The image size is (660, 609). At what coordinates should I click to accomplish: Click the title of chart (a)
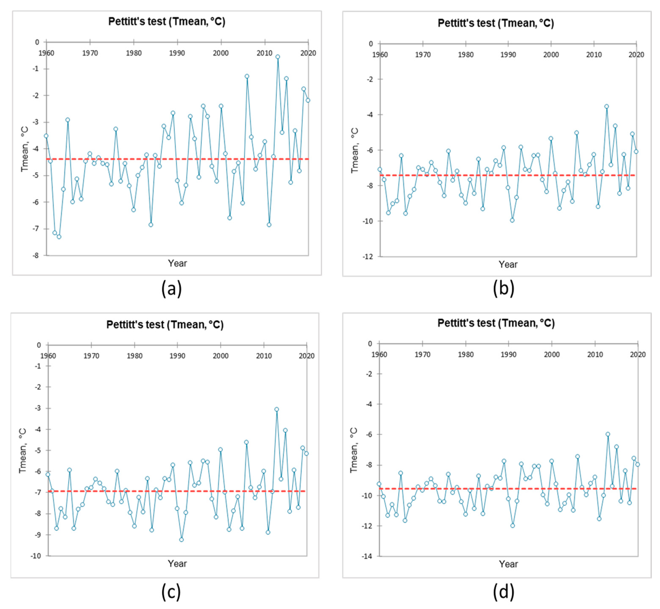[167, 21]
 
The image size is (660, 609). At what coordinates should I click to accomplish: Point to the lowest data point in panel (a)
[59, 237]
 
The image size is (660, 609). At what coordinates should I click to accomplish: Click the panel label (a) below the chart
[171, 289]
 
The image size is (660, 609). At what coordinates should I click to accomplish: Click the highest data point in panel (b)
[606, 106]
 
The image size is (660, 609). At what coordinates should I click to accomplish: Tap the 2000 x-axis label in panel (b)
[551, 55]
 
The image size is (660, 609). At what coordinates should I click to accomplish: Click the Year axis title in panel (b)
[508, 264]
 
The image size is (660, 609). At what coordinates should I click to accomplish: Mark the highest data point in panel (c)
[276, 409]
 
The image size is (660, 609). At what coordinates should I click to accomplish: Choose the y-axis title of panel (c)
[23, 451]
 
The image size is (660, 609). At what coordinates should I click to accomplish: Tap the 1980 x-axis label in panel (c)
[134, 356]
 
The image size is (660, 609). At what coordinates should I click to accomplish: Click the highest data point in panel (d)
[608, 434]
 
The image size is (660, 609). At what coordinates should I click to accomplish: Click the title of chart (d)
[496, 323]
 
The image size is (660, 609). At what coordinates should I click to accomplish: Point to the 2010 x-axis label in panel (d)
[595, 355]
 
